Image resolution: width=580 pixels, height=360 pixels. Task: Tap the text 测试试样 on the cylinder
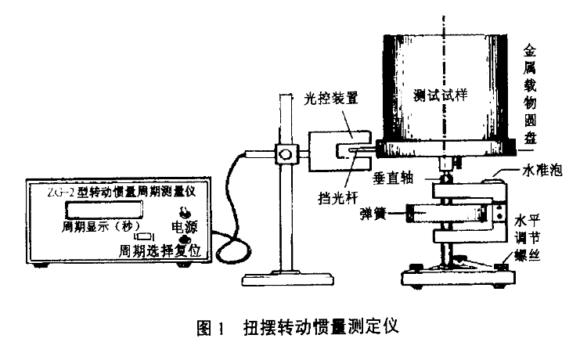pyautogui.click(x=439, y=95)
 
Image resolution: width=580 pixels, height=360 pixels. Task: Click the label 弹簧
pyautogui.click(x=373, y=212)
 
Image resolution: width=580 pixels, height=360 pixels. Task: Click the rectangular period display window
pyautogui.click(x=104, y=208)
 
